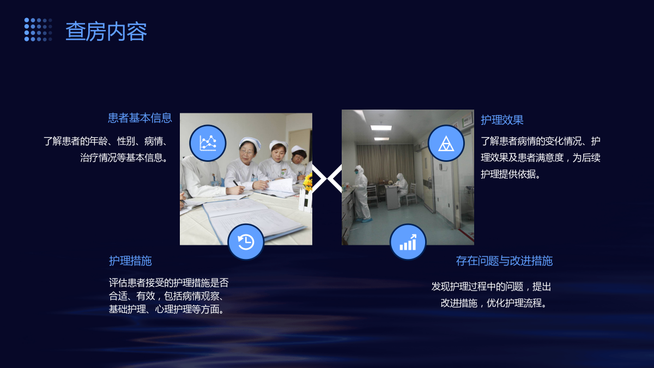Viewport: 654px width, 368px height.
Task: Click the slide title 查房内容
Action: pyautogui.click(x=106, y=31)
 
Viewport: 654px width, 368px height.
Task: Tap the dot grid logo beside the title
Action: pyautogui.click(x=38, y=29)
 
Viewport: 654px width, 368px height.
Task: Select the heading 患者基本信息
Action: pyautogui.click(x=140, y=118)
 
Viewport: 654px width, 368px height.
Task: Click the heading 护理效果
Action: pyautogui.click(x=502, y=120)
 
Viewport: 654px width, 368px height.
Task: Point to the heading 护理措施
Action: pyautogui.click(x=130, y=261)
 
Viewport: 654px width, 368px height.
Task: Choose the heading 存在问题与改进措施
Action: pyautogui.click(x=504, y=261)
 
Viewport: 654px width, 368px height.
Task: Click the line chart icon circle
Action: pyautogui.click(x=208, y=143)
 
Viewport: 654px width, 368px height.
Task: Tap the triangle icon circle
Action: pyautogui.click(x=446, y=143)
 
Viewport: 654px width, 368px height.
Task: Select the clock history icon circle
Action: pyautogui.click(x=246, y=242)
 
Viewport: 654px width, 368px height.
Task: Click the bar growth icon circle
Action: pyautogui.click(x=408, y=242)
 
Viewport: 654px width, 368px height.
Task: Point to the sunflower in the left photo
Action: pyautogui.click(x=307, y=181)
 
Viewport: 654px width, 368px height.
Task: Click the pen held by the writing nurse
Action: pyautogui.click(x=237, y=184)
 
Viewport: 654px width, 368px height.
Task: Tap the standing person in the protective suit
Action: pyautogui.click(x=361, y=194)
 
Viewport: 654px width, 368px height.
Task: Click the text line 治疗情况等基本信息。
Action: pyautogui.click(x=125, y=158)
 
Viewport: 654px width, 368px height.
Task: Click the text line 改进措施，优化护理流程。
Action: pyautogui.click(x=494, y=303)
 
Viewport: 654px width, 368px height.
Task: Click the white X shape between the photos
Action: pyautogui.click(x=327, y=178)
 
